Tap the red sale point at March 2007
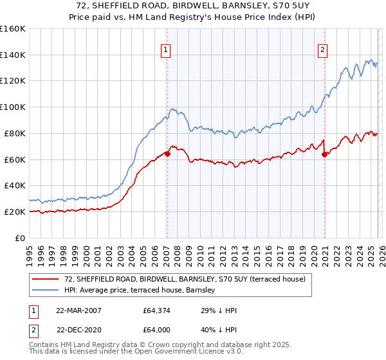(x=167, y=154)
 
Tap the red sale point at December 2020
(x=324, y=154)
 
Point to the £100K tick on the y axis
(x=13, y=107)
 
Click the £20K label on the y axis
(x=15, y=212)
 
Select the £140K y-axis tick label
(x=13, y=55)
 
